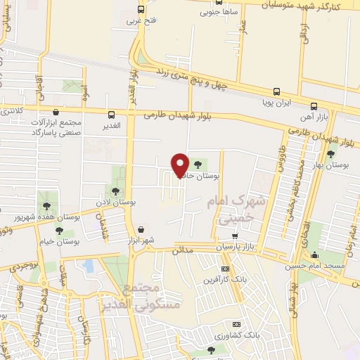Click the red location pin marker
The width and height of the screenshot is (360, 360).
point(181,165)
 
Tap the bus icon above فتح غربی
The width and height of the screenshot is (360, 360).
point(141,10)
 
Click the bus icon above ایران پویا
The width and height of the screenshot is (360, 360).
point(276,91)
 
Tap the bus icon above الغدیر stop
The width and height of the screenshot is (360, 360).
point(111,115)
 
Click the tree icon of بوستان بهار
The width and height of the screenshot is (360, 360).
point(330,154)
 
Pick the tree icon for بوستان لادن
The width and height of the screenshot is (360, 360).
point(115,191)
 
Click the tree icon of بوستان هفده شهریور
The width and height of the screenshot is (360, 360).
point(46,206)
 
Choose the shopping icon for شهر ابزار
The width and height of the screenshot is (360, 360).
point(141,229)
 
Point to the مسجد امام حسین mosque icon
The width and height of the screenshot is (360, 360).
point(315,255)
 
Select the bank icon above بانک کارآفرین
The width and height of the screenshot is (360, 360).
point(225,269)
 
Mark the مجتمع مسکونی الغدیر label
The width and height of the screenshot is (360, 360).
point(152,297)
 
